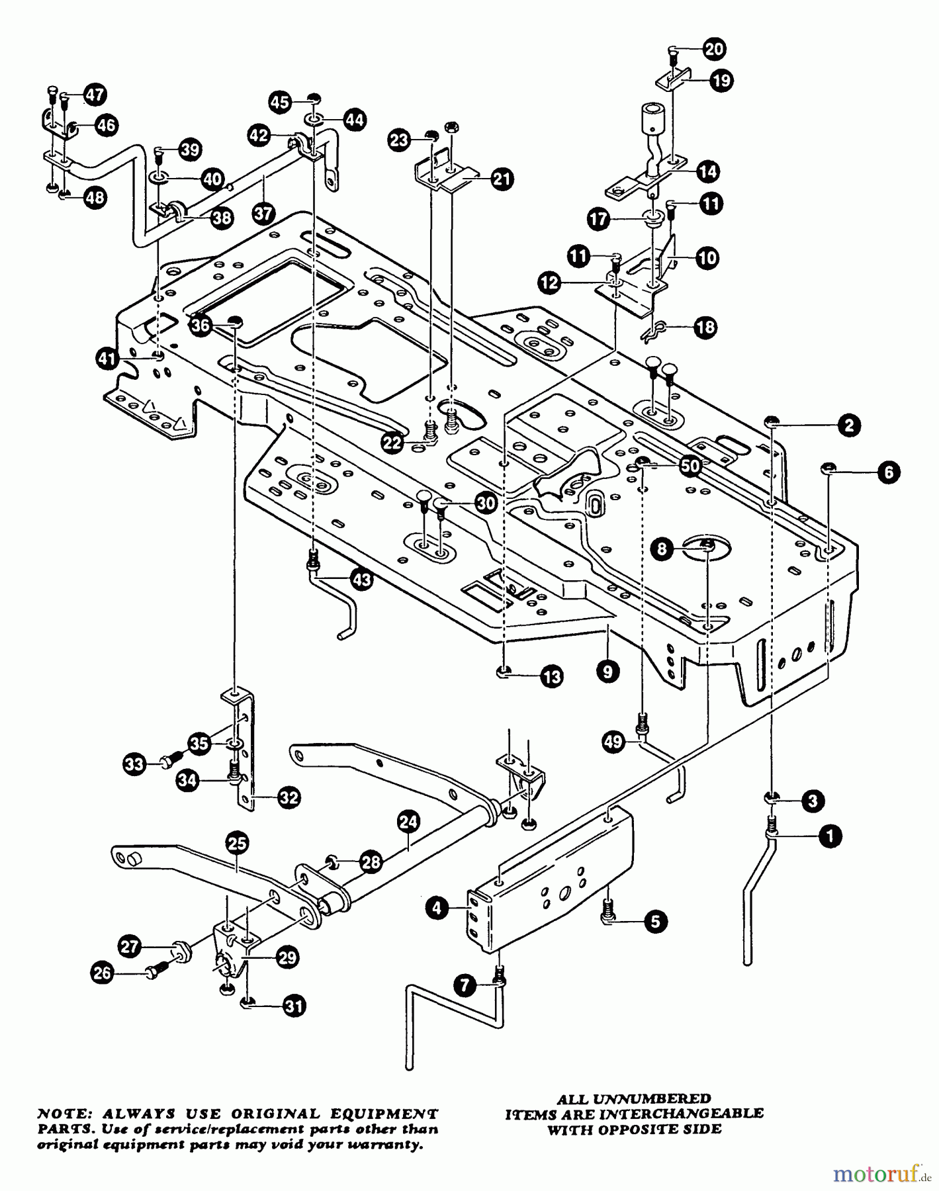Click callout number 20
714,50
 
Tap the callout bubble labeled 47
95,95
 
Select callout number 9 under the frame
607,672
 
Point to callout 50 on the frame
690,466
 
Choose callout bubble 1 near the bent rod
830,836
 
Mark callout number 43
361,580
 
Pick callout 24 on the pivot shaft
409,822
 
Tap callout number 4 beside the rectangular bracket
437,908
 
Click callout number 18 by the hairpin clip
707,328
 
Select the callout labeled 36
201,325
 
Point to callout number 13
551,676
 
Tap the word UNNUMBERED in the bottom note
652,1099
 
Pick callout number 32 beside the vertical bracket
289,798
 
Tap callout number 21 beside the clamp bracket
502,179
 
